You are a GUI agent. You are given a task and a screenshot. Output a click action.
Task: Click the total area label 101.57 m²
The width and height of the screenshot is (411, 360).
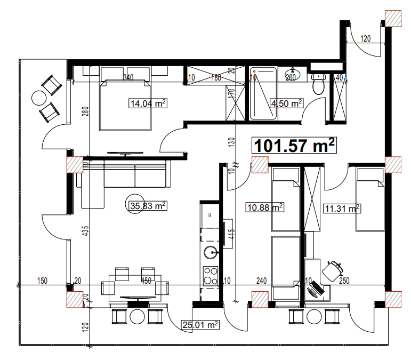(295, 146)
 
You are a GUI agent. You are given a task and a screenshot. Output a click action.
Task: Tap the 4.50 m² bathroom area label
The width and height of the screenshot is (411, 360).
(286, 103)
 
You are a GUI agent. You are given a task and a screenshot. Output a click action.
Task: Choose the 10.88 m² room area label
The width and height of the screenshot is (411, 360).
(264, 206)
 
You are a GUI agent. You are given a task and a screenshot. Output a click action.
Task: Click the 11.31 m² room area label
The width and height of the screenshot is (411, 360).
(342, 208)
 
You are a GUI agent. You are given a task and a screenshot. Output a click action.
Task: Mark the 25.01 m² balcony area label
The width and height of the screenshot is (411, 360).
(200, 324)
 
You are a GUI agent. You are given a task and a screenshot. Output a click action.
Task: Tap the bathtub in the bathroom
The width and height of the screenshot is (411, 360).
(263, 93)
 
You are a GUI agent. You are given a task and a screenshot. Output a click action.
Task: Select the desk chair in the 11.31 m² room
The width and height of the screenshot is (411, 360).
(333, 269)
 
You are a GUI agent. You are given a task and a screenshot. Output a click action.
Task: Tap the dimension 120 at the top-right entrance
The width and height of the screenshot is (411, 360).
(365, 38)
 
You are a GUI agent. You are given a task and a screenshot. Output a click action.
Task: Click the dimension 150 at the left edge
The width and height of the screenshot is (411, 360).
(43, 281)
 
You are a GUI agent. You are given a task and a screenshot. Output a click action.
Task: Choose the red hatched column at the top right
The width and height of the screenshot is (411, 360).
(393, 18)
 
